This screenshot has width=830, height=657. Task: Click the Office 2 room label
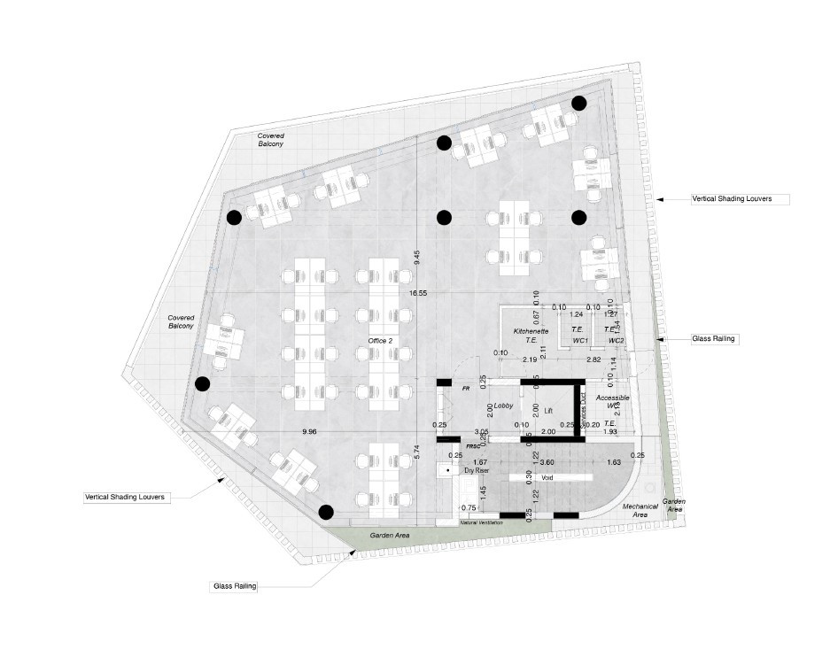[x=381, y=340]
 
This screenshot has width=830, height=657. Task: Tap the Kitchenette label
[x=531, y=331]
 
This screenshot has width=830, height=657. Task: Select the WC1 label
[x=581, y=340]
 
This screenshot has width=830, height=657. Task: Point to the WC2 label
[x=616, y=340]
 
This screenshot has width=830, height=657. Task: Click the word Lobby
[x=504, y=406]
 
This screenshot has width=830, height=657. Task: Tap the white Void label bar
[x=547, y=476]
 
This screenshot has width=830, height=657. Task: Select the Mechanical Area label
[x=639, y=511]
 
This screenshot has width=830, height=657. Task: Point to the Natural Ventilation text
[x=482, y=523]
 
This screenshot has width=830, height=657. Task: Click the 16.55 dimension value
[x=418, y=292]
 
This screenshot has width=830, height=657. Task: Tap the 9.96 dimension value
[x=309, y=431]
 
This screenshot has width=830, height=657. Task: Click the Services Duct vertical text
[x=584, y=409]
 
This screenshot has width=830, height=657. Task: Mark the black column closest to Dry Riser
[x=326, y=511]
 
